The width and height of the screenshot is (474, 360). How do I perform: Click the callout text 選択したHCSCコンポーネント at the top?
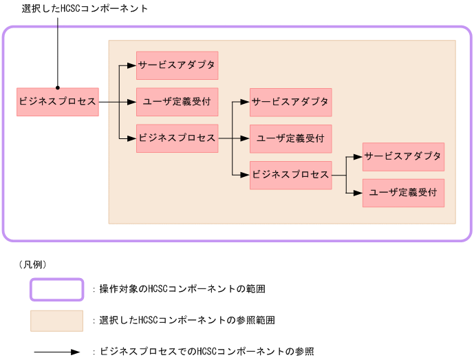[x=85, y=8]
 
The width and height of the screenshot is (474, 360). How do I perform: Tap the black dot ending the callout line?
[x=58, y=88]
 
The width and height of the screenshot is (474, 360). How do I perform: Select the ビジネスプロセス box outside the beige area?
[x=58, y=101]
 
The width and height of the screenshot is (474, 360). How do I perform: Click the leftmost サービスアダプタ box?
[x=177, y=65]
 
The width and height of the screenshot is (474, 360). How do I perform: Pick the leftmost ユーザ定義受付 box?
[x=177, y=101]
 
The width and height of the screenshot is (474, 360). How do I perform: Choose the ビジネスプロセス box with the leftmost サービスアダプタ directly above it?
[x=177, y=138]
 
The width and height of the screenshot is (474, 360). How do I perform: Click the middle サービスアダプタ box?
[x=290, y=101]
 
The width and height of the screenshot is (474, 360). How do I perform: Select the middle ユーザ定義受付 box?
[x=290, y=138]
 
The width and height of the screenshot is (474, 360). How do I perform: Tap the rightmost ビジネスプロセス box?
[x=290, y=174]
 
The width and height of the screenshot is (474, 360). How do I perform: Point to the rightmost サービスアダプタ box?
[x=403, y=156]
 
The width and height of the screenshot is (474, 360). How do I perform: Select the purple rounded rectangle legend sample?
[x=56, y=289]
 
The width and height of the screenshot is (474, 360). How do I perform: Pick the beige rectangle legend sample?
[x=56, y=321]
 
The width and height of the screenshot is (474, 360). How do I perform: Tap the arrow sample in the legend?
[x=56, y=352]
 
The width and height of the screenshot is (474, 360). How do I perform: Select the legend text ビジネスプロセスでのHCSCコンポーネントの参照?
[x=206, y=352]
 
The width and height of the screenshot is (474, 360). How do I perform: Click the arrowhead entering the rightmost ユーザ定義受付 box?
[x=358, y=193]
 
